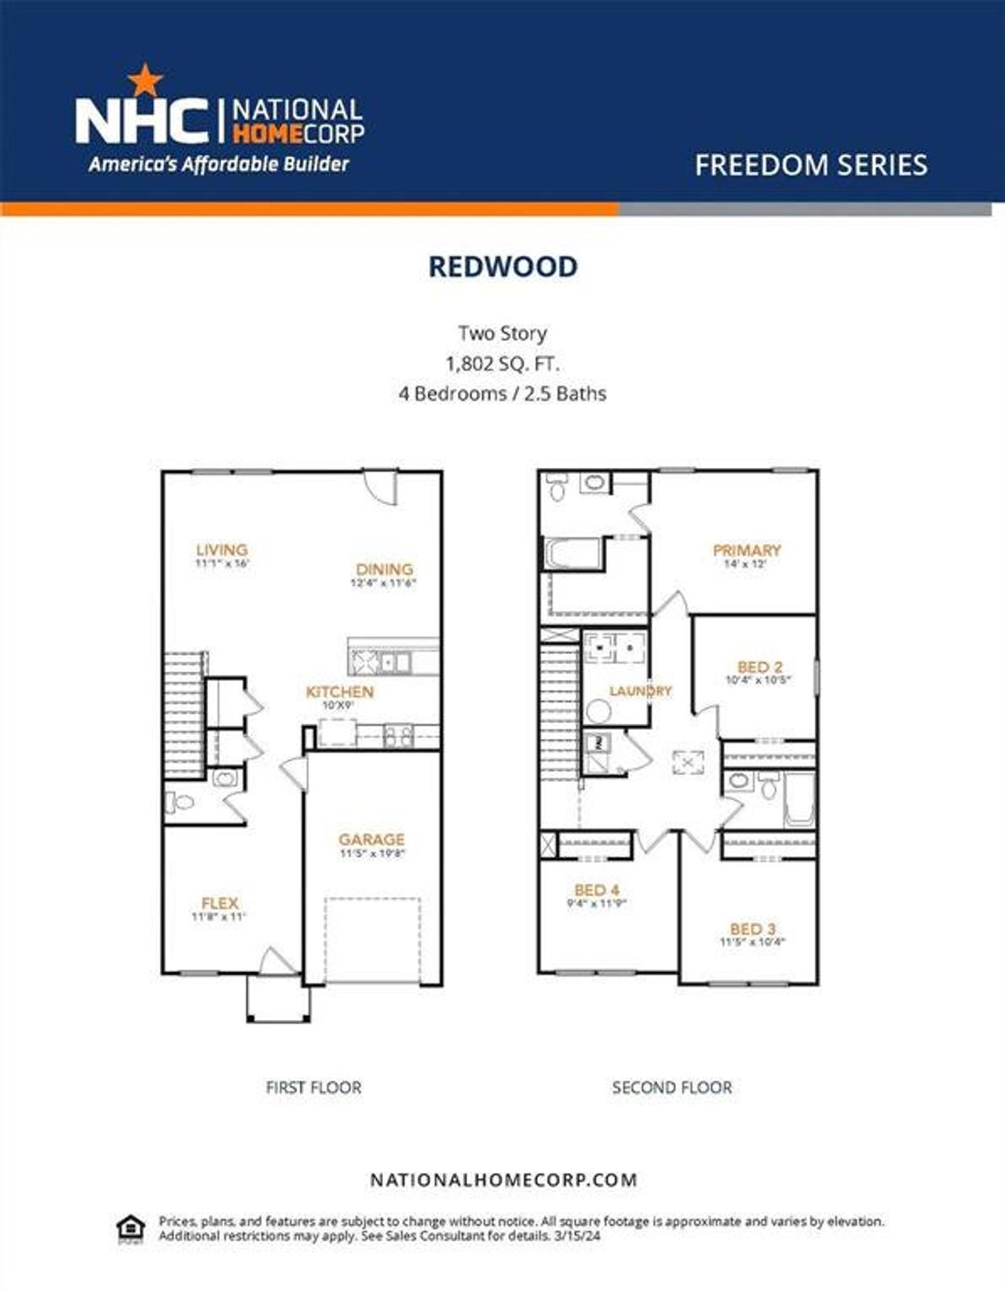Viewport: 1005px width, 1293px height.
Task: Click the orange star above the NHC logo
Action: [145, 79]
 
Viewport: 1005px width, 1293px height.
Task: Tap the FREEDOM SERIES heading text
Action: [810, 165]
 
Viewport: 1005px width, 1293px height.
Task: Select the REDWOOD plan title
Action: [502, 267]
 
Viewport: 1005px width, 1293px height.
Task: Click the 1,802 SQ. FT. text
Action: [502, 363]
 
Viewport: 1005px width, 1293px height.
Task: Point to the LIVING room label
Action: [221, 550]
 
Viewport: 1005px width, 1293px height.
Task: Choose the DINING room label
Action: [384, 569]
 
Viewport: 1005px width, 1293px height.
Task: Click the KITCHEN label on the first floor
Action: [339, 692]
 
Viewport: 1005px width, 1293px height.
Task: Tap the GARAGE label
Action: [371, 839]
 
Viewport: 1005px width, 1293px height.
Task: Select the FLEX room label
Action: [219, 903]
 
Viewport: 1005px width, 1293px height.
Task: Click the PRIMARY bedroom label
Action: [746, 550]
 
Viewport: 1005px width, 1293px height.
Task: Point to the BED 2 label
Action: [758, 667]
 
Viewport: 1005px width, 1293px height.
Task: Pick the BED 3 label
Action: [752, 929]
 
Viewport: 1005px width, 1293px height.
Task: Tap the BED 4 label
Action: [597, 889]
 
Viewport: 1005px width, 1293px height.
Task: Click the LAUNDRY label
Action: [640, 691]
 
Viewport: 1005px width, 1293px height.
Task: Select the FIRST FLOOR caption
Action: [313, 1087]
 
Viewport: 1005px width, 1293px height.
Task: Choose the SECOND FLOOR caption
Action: [672, 1087]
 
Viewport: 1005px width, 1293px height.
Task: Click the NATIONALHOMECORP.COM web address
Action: [502, 1179]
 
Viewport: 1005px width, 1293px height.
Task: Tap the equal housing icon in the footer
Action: [130, 1229]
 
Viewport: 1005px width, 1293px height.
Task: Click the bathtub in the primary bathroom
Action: [572, 553]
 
